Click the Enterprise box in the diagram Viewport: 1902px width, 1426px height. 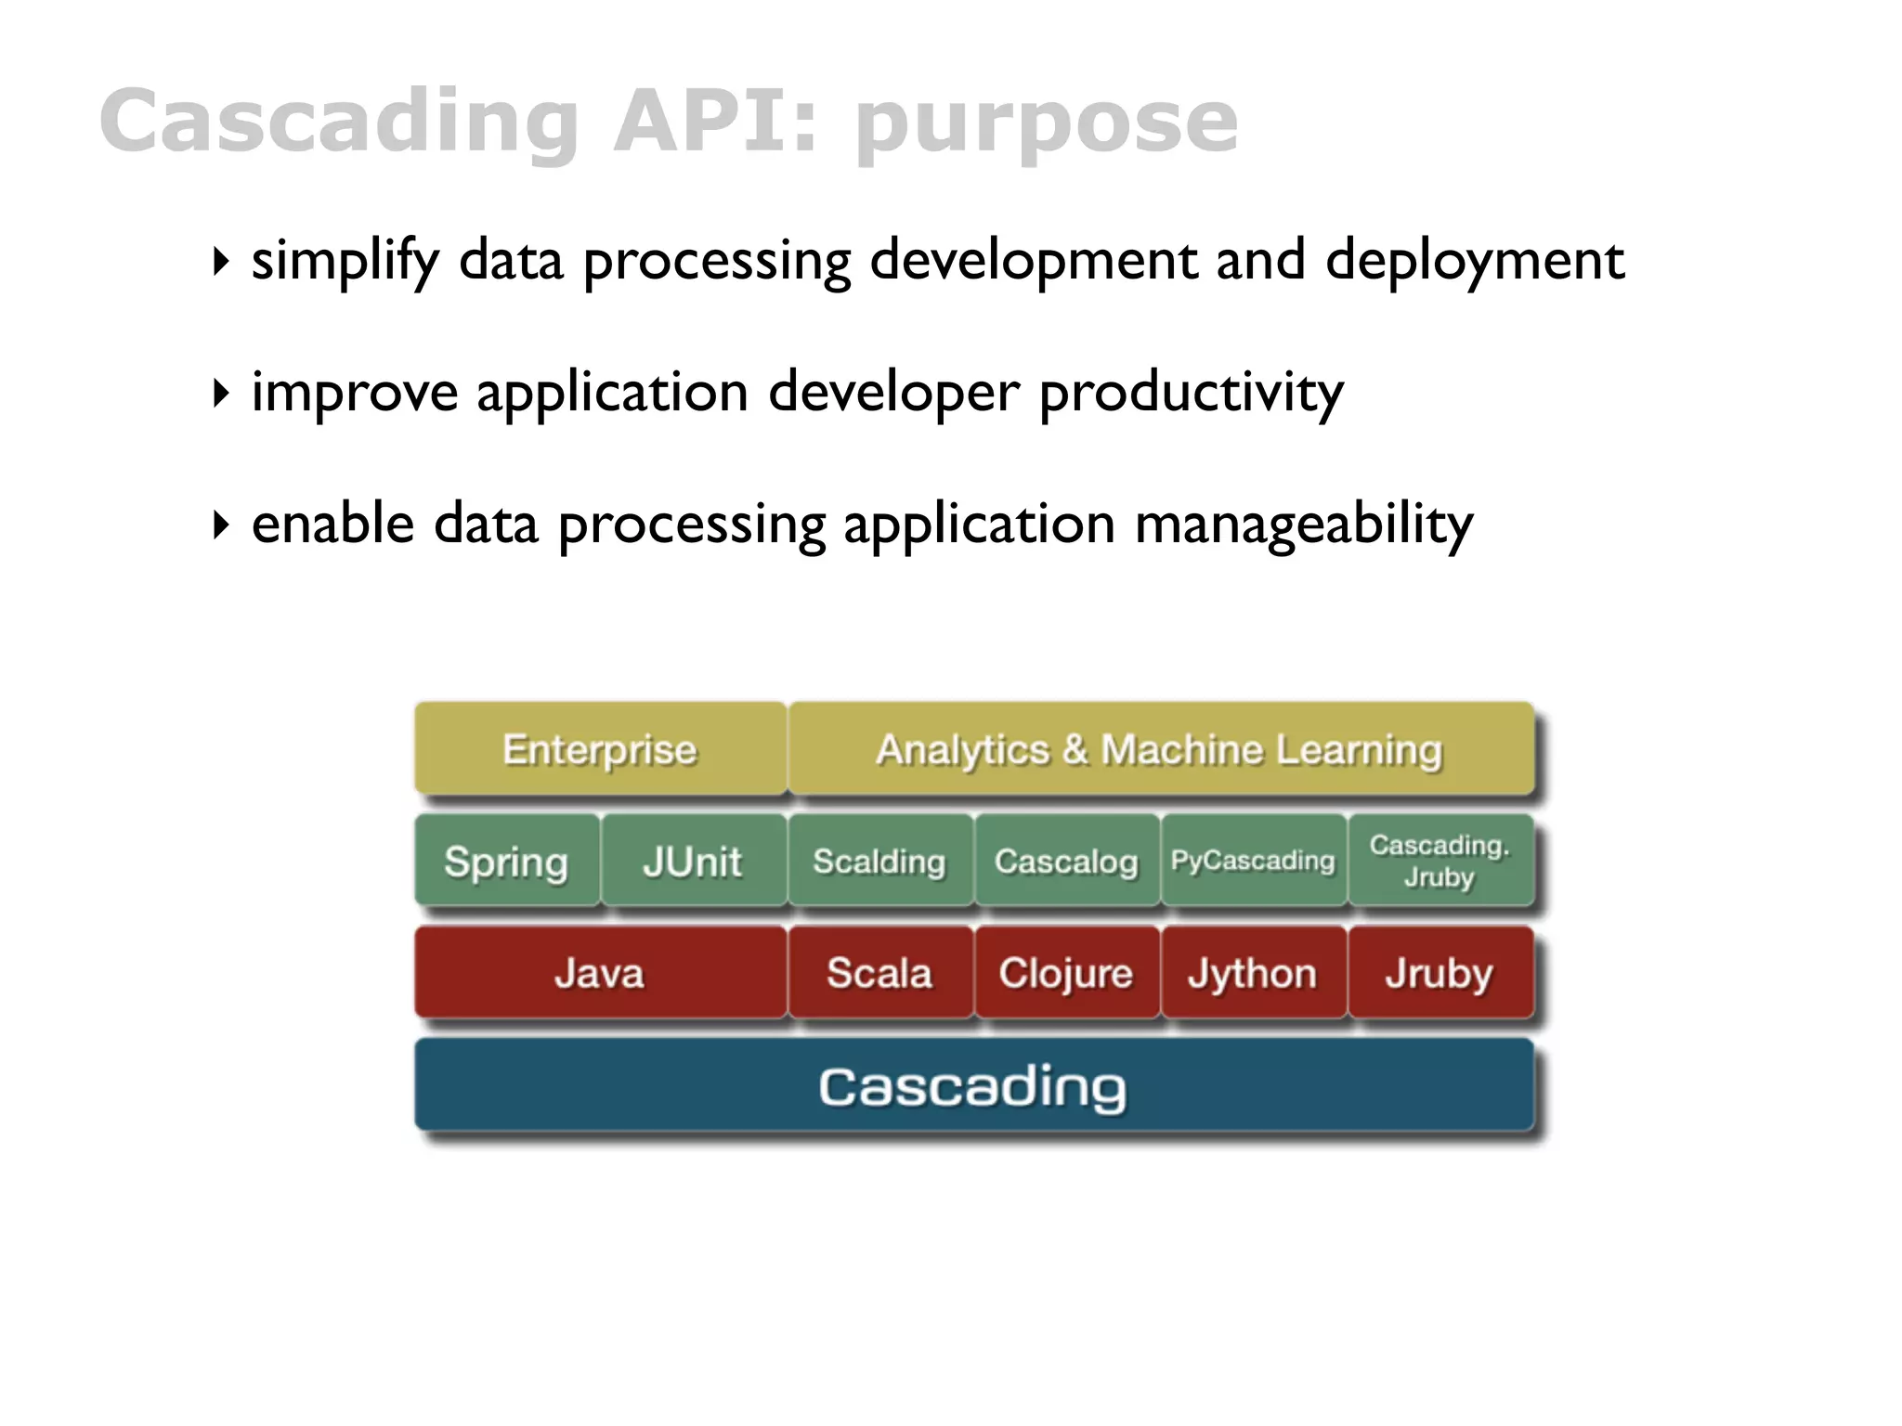[x=600, y=749]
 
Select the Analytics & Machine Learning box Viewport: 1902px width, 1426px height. [x=1160, y=749]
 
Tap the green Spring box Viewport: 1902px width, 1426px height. [x=506, y=862]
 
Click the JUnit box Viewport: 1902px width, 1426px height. [x=693, y=862]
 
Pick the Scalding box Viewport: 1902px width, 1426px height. [x=879, y=862]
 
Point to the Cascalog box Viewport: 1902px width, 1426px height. [x=1066, y=862]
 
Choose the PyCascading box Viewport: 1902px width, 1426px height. [x=1253, y=862]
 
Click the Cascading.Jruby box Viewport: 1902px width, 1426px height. [x=1440, y=862]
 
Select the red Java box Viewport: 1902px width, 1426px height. [x=600, y=973]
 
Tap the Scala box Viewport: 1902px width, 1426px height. [x=879, y=973]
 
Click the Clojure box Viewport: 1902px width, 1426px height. [x=1066, y=973]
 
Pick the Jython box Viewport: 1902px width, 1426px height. [x=1253, y=973]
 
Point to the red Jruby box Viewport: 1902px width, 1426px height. [x=1440, y=973]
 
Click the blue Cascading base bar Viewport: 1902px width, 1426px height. [x=973, y=1085]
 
